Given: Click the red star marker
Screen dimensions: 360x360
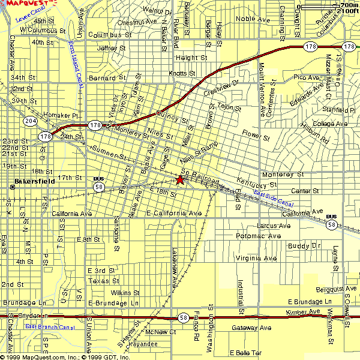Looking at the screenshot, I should (179, 179).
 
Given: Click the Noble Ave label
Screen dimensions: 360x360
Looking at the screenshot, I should (253, 19).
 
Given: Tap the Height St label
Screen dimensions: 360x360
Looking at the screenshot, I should (191, 58).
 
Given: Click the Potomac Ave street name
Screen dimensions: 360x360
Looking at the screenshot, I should (259, 236).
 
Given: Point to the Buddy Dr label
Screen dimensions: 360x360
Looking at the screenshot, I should (304, 246).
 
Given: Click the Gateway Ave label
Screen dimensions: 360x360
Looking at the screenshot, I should (251, 328).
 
